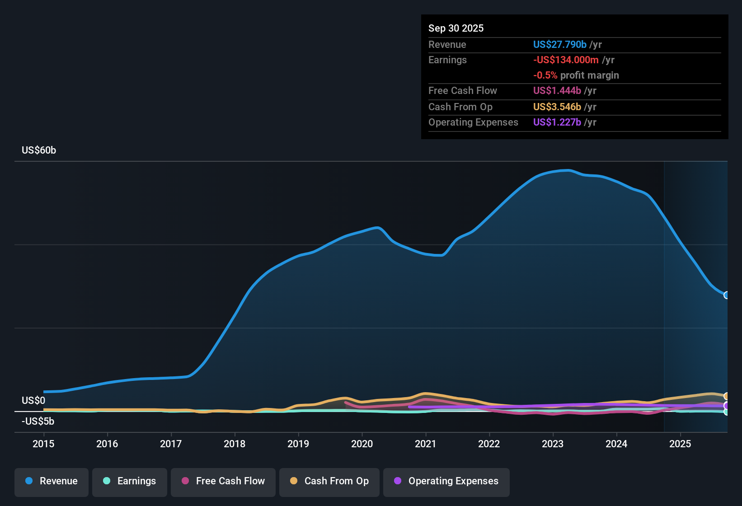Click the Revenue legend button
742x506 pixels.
coord(52,481)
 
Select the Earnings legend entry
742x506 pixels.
coord(130,481)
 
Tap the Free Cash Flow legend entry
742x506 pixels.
coord(223,481)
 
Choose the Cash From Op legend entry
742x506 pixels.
coord(329,481)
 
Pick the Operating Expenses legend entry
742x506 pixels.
coord(446,481)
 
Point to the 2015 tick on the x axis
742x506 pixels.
coord(43,444)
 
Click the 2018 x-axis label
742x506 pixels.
coord(235,444)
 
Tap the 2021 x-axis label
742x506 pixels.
coord(426,444)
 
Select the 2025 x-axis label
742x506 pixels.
coord(680,444)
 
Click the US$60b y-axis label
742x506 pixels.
coord(39,150)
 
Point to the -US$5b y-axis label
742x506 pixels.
coord(38,422)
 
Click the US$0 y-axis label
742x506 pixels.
coord(33,401)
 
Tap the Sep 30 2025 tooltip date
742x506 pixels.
coord(456,28)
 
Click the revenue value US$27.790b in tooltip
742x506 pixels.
coord(559,44)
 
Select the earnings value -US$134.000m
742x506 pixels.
coord(566,60)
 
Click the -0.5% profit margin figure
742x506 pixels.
coord(545,75)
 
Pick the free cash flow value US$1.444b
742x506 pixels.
coord(557,91)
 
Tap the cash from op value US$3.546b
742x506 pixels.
coord(557,107)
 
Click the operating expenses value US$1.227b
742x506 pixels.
coord(557,122)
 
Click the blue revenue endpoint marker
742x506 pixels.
coord(726,295)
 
